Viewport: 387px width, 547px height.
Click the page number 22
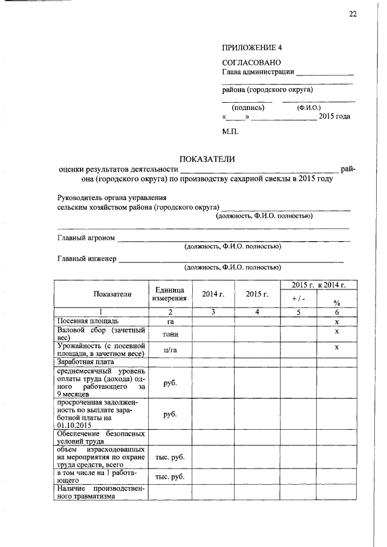353,15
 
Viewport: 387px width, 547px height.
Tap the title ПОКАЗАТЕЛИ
206,160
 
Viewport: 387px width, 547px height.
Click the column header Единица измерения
170,294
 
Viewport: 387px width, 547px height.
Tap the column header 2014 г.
213,294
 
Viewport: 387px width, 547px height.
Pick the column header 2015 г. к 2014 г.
319,285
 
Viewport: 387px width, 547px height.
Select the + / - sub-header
298,299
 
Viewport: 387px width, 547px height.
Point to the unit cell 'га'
170,322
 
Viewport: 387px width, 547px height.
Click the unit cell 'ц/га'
170,350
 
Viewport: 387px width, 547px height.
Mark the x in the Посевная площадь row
337,322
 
